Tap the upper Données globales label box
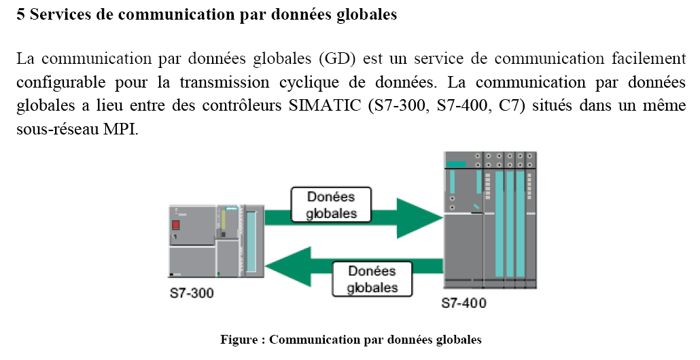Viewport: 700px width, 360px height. [x=332, y=204]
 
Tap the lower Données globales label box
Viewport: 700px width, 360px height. [x=372, y=278]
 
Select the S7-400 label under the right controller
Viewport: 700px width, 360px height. [x=463, y=303]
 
